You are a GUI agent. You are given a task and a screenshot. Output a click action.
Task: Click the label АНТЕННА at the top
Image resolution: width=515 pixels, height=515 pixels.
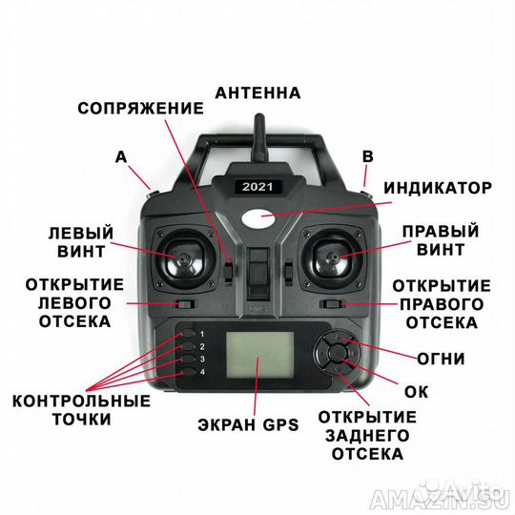pyautogui.click(x=257, y=93)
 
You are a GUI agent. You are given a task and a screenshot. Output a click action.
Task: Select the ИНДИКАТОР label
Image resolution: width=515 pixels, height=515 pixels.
pyautogui.click(x=440, y=187)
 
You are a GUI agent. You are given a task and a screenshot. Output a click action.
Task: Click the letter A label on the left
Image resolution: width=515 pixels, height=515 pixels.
pyautogui.click(x=120, y=155)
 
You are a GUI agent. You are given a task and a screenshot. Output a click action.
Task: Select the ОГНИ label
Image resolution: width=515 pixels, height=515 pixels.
pyautogui.click(x=441, y=360)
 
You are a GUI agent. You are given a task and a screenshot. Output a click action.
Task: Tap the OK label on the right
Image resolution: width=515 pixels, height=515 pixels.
pyautogui.click(x=416, y=390)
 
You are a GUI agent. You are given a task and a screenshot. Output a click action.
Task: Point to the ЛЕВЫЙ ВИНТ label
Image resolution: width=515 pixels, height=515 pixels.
pyautogui.click(x=82, y=242)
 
